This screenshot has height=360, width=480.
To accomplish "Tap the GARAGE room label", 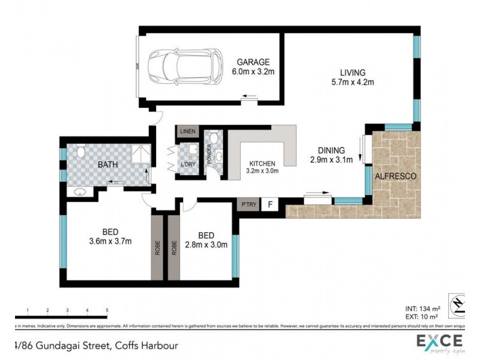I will [x=253, y=62].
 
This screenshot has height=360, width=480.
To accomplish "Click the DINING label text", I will [x=331, y=150].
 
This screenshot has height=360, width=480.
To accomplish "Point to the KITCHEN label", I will [x=262, y=163].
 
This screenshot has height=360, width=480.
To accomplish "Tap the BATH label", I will [x=108, y=164].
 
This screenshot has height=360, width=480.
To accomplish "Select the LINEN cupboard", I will [x=188, y=130].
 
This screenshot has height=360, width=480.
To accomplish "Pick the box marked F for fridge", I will [x=271, y=205].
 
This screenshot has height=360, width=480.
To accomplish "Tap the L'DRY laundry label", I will [x=188, y=165].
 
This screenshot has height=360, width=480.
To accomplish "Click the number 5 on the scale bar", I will [x=107, y=310].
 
